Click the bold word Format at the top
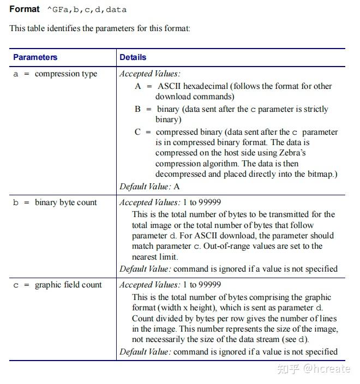point(25,9)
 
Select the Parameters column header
point(35,57)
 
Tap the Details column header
point(133,57)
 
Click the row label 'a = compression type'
point(55,74)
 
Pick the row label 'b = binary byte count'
point(55,202)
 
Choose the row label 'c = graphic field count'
point(57,285)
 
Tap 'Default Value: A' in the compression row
point(149,187)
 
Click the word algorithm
point(223,164)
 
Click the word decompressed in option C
point(181,174)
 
